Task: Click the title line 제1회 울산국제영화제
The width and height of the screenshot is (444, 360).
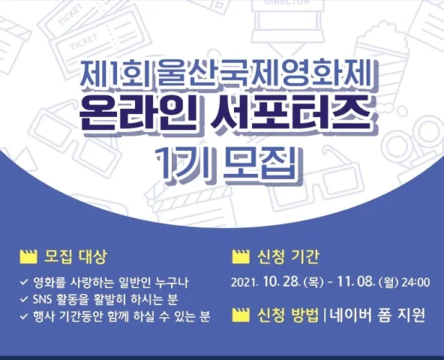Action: point(226,73)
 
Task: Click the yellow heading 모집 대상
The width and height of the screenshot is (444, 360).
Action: point(75,257)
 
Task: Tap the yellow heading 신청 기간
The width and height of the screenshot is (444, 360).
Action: point(288,257)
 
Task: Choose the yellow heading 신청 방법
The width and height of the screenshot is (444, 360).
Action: point(288,314)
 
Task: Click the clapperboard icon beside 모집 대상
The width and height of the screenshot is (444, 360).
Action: point(28,257)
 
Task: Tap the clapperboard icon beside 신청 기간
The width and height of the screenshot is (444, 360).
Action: point(241,257)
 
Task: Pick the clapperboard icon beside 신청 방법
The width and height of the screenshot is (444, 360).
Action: point(241,315)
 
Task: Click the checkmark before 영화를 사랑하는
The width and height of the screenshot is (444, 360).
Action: point(24,283)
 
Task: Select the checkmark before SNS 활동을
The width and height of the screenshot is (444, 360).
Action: point(24,299)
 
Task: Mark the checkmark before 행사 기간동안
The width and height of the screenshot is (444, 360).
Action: point(24,316)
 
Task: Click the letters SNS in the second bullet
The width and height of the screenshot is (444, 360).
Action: point(42,299)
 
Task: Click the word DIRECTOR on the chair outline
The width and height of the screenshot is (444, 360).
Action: point(287,2)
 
